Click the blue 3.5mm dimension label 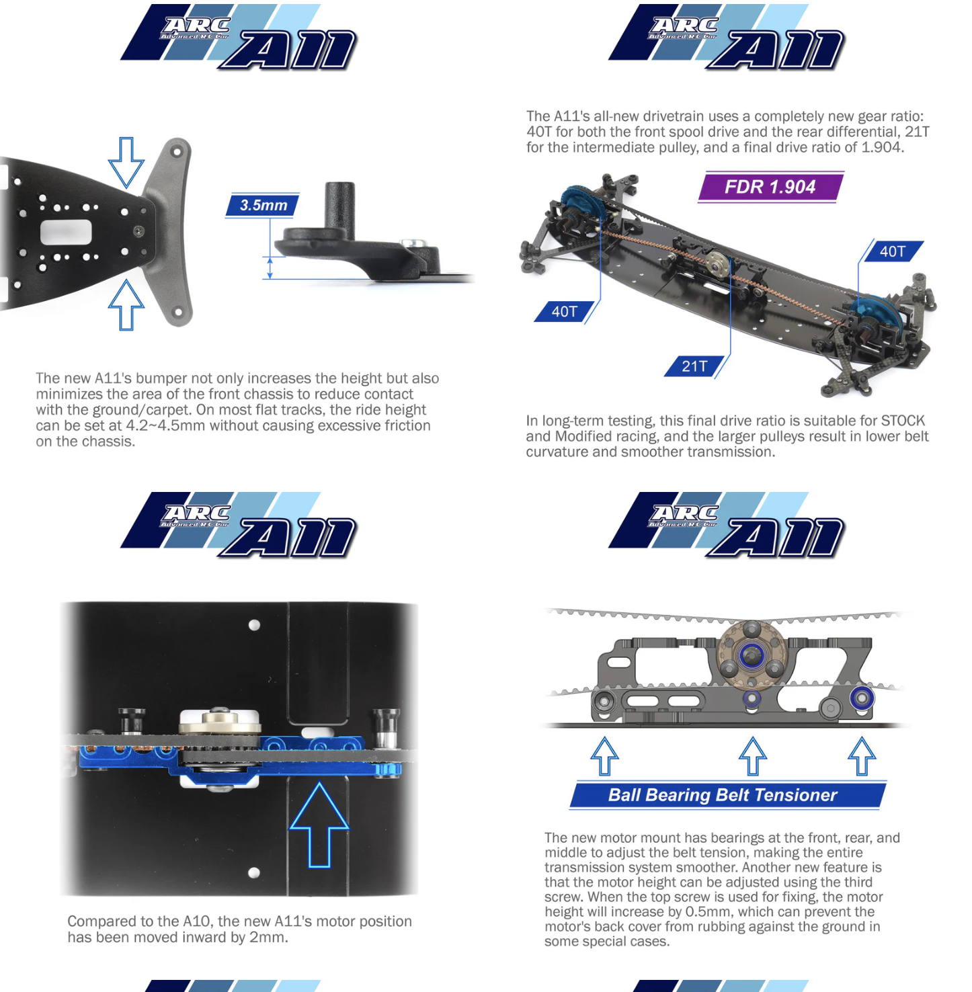[263, 206]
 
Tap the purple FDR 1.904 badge [770, 187]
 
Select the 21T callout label [696, 366]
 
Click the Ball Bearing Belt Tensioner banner [728, 795]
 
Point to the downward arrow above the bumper [126, 162]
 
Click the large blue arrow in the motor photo [319, 825]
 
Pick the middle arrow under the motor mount [753, 756]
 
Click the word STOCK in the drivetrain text [903, 421]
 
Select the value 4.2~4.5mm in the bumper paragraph [165, 425]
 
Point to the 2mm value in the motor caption [268, 938]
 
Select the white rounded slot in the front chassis [66, 233]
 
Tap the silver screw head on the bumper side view [412, 243]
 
